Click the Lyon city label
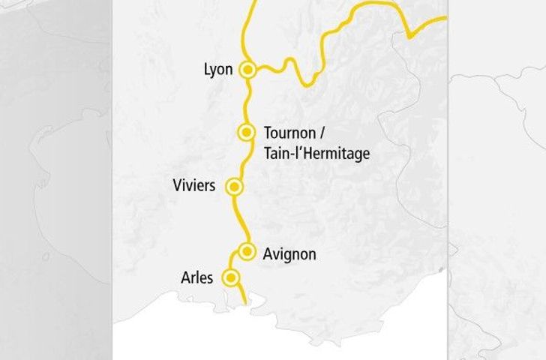click(219, 70)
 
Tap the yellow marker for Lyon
click(248, 70)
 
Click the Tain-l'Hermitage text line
click(317, 153)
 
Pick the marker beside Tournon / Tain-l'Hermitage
click(245, 133)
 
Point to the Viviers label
click(193, 185)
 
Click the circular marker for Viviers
click(235, 186)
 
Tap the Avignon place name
click(289, 255)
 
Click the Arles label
click(197, 278)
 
